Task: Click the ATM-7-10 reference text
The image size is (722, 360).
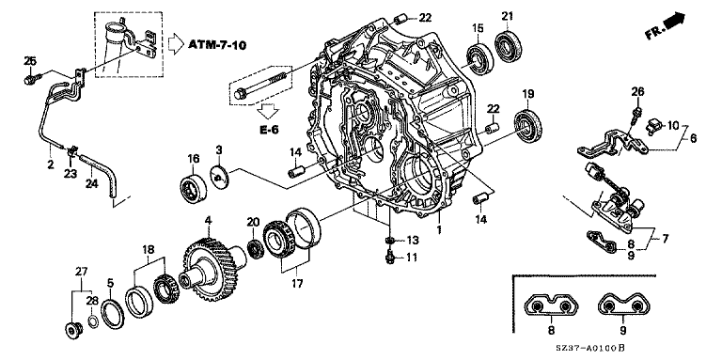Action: coord(217,45)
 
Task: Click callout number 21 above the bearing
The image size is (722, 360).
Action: coord(507,17)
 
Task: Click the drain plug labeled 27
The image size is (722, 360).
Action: coord(72,331)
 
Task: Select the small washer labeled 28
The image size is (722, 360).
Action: coord(92,321)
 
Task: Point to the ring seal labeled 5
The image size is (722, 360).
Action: coord(113,314)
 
